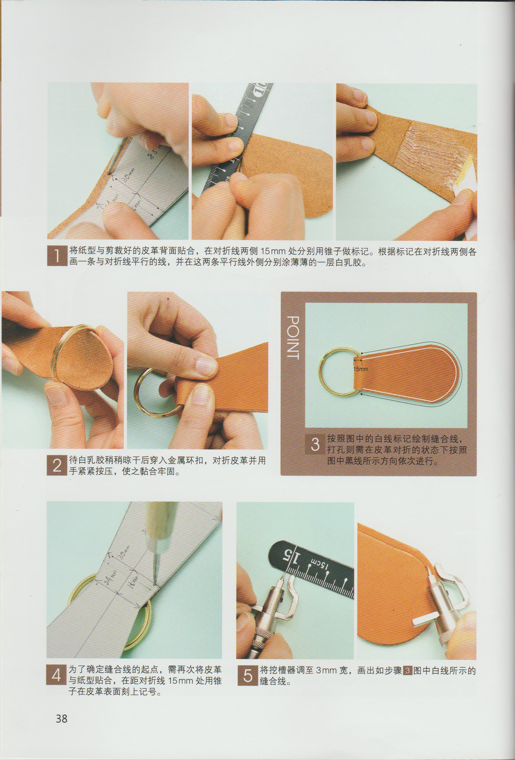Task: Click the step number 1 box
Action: tap(57, 256)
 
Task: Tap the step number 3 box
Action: tap(315, 444)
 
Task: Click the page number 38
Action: tap(62, 719)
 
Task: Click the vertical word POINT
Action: tap(293, 338)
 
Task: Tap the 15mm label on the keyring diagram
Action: tap(360, 369)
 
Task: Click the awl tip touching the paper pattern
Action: tap(155, 583)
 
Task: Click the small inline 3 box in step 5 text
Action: tap(408, 670)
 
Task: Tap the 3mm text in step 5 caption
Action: tap(326, 670)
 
